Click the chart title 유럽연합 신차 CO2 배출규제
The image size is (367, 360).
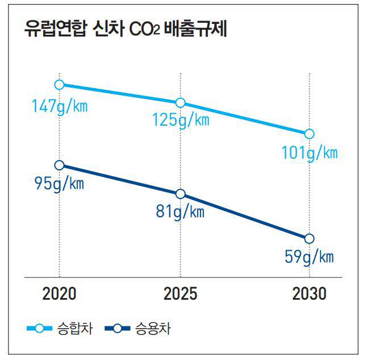(126, 30)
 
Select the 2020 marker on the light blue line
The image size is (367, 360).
(60, 85)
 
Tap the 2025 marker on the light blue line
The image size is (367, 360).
(181, 102)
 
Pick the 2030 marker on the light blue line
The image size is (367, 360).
(309, 134)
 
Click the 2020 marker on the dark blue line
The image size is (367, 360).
(60, 165)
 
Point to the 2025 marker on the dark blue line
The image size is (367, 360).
(181, 194)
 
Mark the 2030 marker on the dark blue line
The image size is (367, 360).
(309, 238)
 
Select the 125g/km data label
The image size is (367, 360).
(181, 121)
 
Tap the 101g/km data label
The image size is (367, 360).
(310, 153)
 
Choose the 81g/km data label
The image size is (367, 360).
(180, 213)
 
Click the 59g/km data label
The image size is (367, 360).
(309, 257)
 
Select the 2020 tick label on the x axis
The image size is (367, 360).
(60, 294)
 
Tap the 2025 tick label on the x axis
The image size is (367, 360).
(181, 294)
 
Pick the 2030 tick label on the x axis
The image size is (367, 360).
(309, 294)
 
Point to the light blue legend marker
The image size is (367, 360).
(39, 328)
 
